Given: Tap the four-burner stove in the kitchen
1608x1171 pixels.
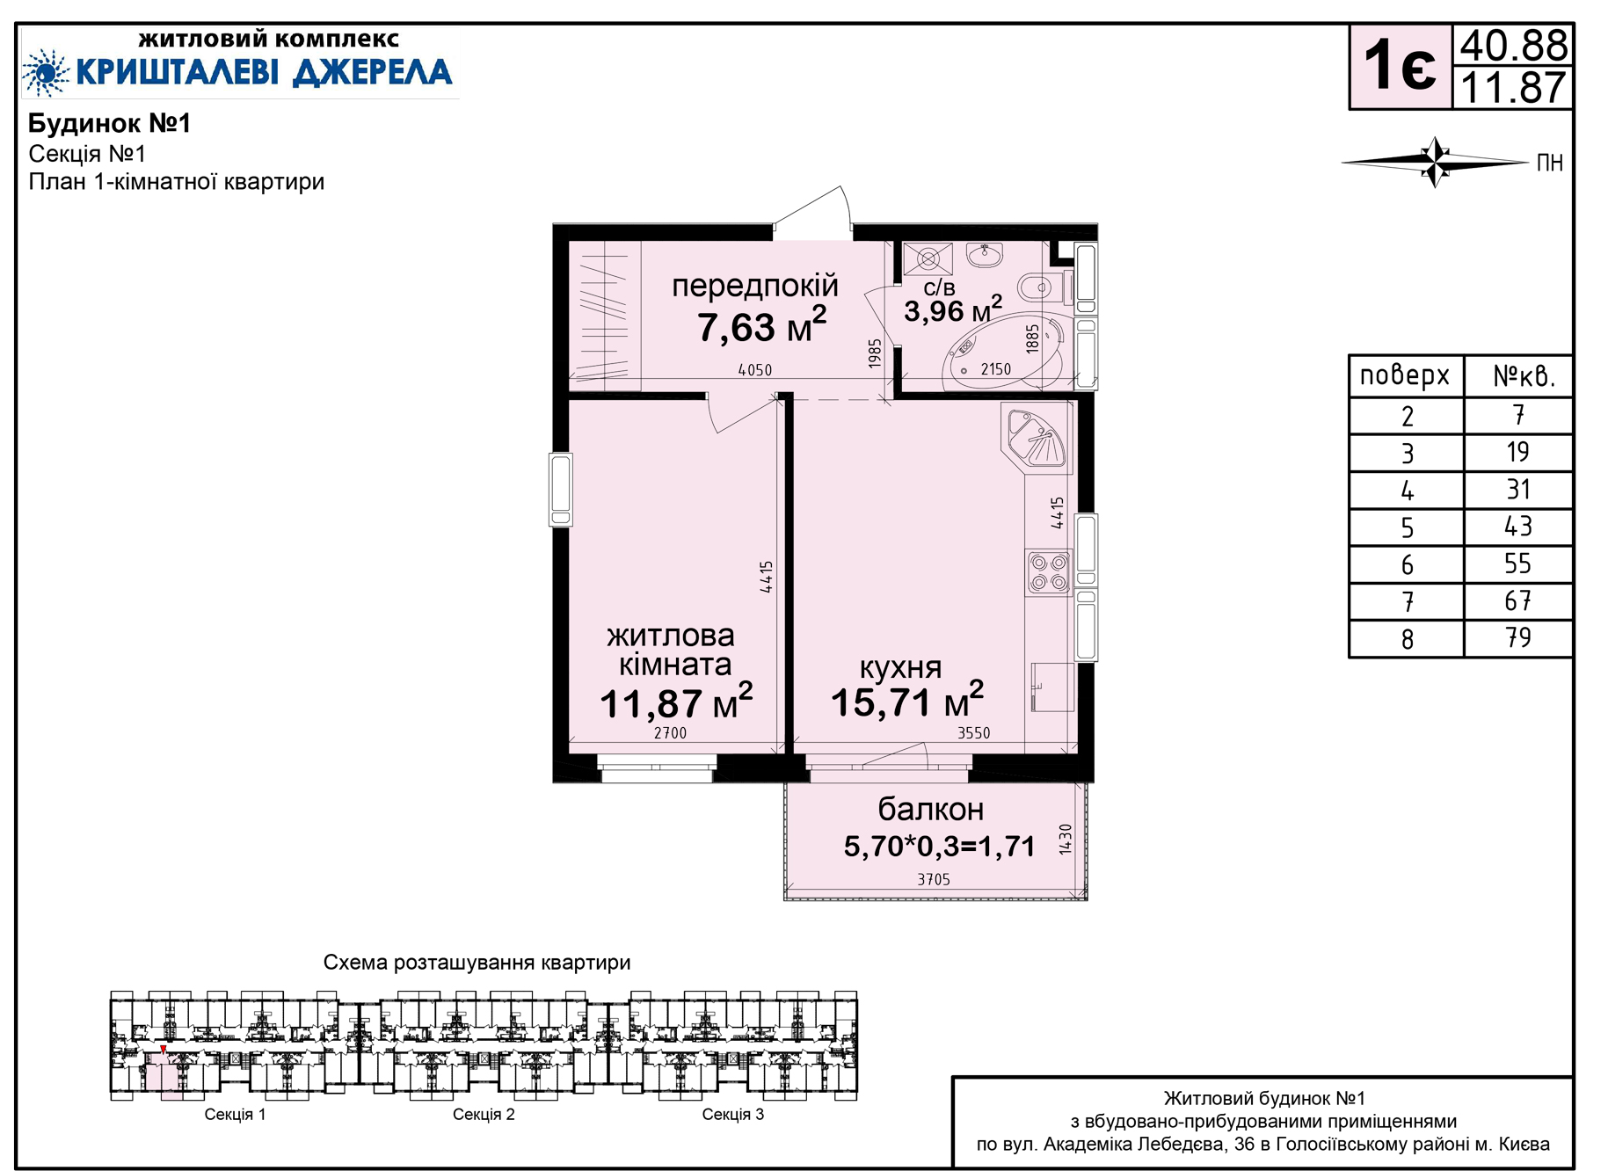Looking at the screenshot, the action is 1049,571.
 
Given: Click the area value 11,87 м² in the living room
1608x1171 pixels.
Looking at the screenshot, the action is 676,702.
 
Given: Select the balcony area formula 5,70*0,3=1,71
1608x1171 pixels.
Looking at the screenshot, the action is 939,846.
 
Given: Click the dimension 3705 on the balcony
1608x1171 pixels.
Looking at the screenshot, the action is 934,879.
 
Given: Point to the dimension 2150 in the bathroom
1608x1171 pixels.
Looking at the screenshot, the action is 996,369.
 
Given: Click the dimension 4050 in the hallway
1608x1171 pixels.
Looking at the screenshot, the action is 755,370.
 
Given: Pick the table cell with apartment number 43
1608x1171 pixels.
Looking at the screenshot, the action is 1517,527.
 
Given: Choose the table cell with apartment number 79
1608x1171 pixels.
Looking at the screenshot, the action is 1517,638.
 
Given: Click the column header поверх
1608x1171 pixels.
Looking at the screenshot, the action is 1405,375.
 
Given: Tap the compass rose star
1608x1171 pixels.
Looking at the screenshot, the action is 1435,162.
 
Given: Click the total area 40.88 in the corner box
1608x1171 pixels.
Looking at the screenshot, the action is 1513,45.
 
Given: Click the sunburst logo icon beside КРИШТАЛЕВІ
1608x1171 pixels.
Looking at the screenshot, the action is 46,72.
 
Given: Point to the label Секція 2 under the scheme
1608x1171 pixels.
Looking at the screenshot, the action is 484,1115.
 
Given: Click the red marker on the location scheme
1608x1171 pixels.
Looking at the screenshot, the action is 163,1049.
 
